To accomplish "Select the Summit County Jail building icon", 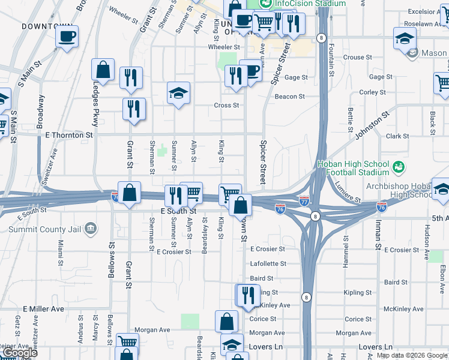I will [91, 228].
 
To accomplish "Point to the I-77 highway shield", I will [305, 200].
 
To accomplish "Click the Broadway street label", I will [41, 112].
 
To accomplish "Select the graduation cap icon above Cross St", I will [178, 92].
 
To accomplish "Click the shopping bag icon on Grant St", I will [129, 193].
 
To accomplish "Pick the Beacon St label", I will [289, 97].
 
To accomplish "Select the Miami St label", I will [61, 247].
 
